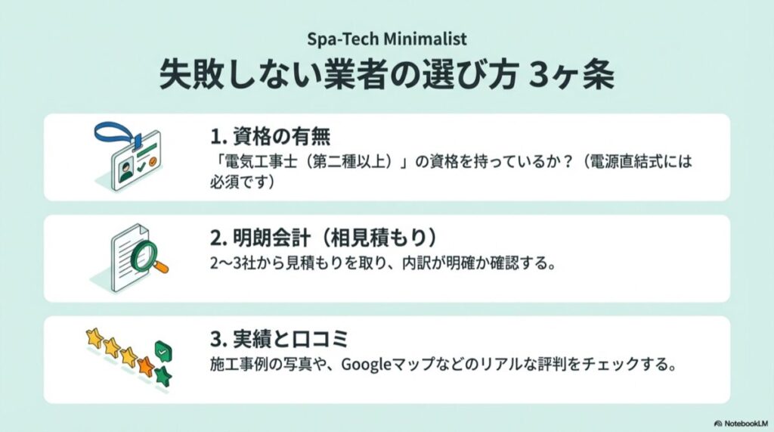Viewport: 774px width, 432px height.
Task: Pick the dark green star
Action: point(163,376)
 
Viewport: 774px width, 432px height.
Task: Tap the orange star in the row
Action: point(146,368)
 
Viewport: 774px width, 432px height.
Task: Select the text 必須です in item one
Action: point(234,182)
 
